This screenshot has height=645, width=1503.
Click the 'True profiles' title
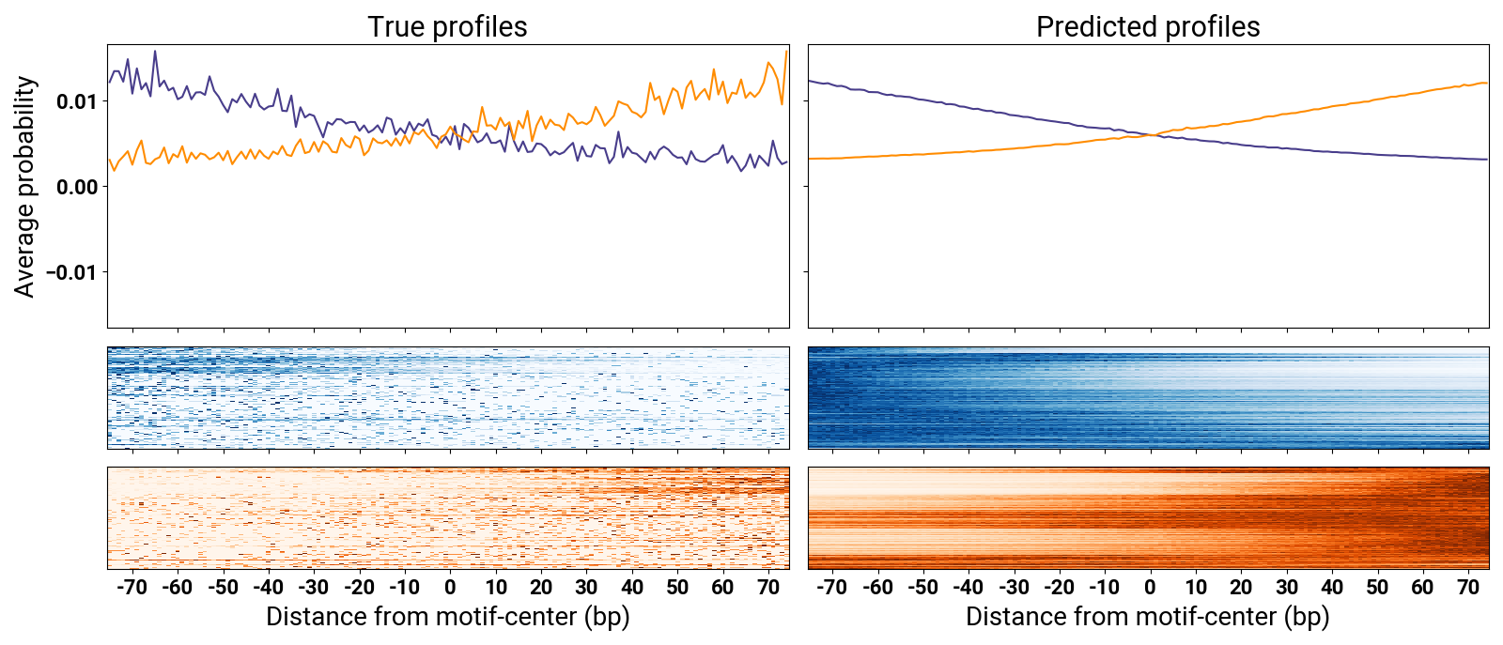[447, 27]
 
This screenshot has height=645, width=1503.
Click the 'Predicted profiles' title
[1148, 27]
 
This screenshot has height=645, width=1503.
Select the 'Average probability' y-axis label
[25, 187]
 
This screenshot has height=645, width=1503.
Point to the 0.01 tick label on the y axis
[76, 101]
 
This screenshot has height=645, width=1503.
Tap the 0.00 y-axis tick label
[76, 187]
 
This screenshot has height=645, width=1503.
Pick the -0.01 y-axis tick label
[72, 272]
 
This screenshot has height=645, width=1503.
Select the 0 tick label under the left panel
[450, 588]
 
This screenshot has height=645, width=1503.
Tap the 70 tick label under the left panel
[768, 588]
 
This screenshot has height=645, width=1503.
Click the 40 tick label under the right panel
[1332, 588]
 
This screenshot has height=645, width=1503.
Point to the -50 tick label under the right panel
[922, 588]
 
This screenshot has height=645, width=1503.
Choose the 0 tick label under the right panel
[1150, 588]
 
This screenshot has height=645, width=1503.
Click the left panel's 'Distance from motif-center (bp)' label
[447, 617]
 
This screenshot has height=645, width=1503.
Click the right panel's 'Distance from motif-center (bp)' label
[1148, 617]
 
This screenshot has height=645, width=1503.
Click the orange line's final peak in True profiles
[786, 52]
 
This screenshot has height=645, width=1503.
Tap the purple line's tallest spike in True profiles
[155, 52]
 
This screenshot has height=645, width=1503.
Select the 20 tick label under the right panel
[1241, 588]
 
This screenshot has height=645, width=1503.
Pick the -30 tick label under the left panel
[314, 588]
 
